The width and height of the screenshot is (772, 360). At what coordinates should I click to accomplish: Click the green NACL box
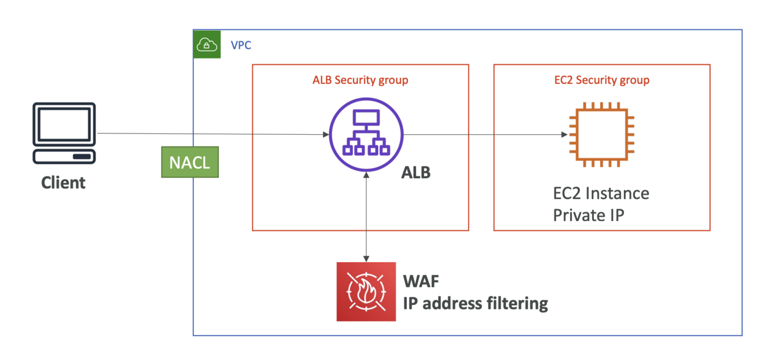click(x=190, y=162)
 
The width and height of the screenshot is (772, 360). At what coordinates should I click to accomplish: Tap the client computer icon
click(x=64, y=133)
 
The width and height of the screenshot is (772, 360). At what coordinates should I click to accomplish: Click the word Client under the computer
click(x=63, y=183)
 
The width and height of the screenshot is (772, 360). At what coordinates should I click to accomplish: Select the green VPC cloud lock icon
click(x=207, y=44)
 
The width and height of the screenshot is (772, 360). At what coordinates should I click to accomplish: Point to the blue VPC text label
click(x=241, y=45)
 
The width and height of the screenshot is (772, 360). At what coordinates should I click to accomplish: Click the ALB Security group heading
click(x=361, y=80)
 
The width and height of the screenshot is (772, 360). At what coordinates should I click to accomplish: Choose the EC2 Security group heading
click(x=602, y=80)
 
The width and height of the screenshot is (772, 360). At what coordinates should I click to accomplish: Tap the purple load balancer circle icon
click(x=366, y=134)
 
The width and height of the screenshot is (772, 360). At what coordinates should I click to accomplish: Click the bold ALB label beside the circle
click(x=416, y=172)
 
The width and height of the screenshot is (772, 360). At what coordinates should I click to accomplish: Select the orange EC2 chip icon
click(x=602, y=134)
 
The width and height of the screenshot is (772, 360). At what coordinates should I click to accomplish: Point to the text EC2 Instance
click(x=601, y=193)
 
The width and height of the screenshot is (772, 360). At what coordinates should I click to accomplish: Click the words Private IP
click(x=589, y=215)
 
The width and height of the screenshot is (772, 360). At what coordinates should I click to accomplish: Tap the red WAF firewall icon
click(x=366, y=292)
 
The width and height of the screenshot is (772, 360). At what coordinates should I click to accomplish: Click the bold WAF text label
click(x=421, y=281)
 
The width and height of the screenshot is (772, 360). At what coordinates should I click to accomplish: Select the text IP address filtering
click(x=475, y=303)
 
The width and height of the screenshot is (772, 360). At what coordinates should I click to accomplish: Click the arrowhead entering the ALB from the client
click(x=326, y=134)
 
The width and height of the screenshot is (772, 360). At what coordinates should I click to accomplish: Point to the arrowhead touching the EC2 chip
click(x=564, y=134)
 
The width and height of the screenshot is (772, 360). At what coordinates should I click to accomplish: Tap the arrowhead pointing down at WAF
click(x=366, y=259)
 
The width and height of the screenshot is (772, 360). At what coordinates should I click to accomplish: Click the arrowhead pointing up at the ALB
click(x=366, y=175)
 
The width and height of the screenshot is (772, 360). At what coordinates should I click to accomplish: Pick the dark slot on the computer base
click(x=82, y=156)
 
